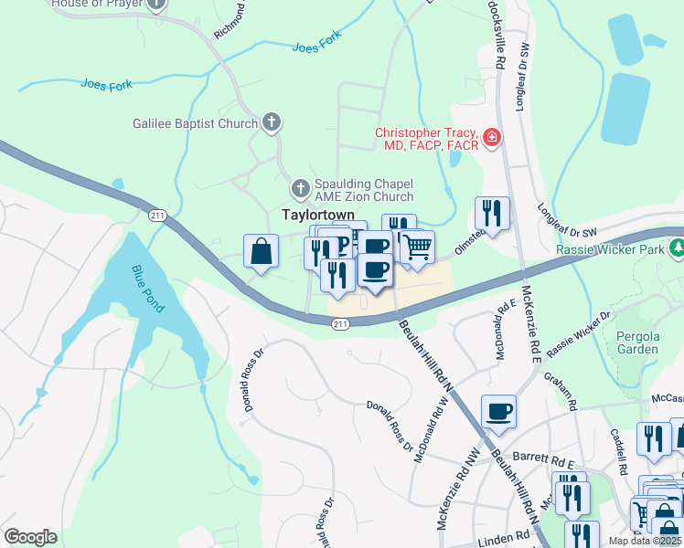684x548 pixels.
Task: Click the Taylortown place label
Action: pos(317,214)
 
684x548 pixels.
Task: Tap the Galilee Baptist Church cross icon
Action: pos(271,121)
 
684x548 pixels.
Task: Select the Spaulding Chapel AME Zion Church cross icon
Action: pos(300,189)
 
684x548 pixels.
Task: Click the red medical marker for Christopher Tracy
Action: pos(492,138)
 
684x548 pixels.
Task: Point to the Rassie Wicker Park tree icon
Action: pos(678,248)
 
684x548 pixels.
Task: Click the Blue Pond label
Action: pos(147,290)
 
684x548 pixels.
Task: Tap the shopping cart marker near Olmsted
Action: pos(417,246)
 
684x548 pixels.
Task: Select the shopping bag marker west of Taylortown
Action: pos(261,250)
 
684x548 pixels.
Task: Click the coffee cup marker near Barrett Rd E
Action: pos(498,411)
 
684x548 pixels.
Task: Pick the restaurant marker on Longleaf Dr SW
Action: pos(492,213)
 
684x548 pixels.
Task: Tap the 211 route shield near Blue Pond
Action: pos(157,215)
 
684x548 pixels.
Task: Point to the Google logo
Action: pos(30,537)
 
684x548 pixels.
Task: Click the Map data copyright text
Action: pos(645,541)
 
